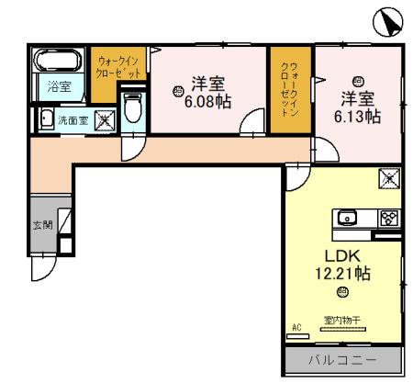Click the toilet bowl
[x=131, y=108]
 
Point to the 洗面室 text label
[x=73, y=119]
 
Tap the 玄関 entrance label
[x=43, y=224]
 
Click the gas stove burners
[x=388, y=218]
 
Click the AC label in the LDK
[x=296, y=326]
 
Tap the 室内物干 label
[x=341, y=321]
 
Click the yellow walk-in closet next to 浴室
[x=117, y=66]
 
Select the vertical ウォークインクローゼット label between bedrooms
[x=288, y=88]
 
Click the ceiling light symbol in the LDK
[x=340, y=293]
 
